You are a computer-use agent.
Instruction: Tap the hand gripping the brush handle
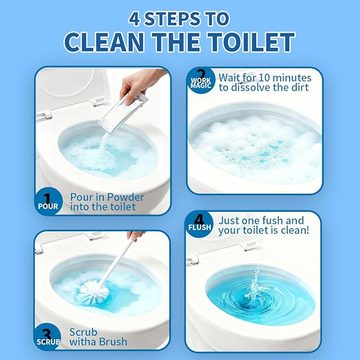(x=136, y=235)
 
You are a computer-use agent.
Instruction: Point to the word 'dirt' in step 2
(x=301, y=87)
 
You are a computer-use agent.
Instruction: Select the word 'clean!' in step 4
(x=294, y=230)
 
